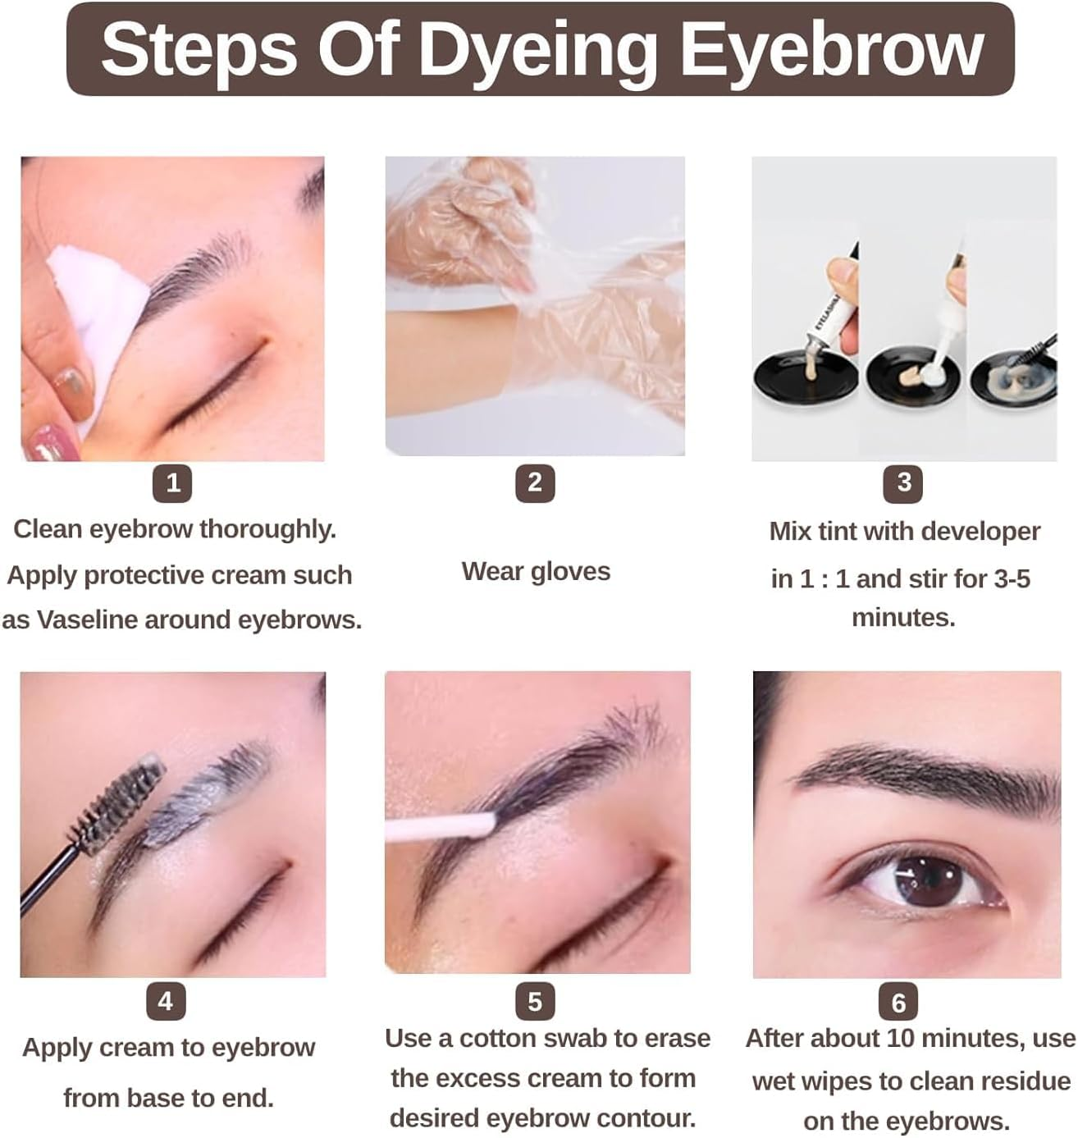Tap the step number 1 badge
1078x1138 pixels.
[x=172, y=483]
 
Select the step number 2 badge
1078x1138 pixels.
[x=535, y=483]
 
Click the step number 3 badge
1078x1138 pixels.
[x=903, y=483]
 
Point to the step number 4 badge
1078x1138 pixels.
[x=166, y=1002]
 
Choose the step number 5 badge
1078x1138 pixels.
[x=535, y=1002]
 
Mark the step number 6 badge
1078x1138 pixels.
[x=898, y=1003]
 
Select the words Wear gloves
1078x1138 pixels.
[x=536, y=571]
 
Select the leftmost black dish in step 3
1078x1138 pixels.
[x=804, y=382]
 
